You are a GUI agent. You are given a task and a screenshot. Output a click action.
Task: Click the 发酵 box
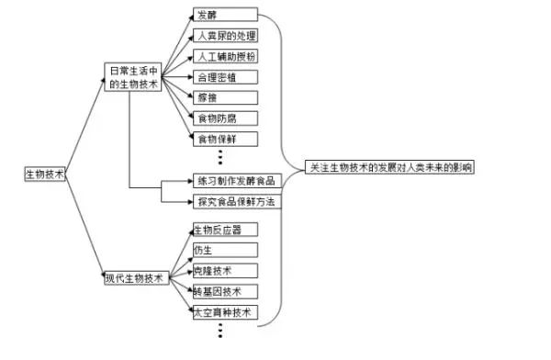tap(224, 16)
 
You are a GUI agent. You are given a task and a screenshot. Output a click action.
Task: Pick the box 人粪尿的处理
tap(224, 37)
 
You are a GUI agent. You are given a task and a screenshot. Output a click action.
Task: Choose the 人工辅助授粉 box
tap(224, 57)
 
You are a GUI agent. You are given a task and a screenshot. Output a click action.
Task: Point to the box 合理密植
tap(224, 77)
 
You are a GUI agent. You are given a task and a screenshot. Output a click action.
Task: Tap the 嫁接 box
tap(224, 97)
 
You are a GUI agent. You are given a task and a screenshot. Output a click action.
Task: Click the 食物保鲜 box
tap(224, 139)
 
